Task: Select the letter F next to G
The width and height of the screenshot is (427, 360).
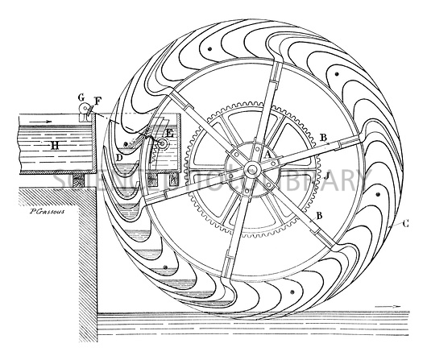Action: click(97, 101)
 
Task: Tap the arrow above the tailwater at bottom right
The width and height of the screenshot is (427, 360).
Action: click(392, 306)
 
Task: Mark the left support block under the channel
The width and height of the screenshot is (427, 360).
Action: click(76, 181)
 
